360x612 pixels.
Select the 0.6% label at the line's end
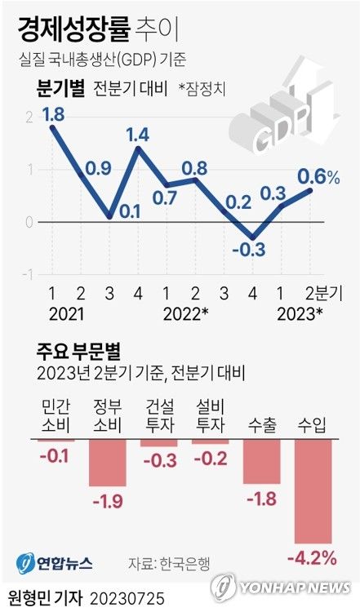[x=318, y=175]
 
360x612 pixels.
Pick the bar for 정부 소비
[x=108, y=463]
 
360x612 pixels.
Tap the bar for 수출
[x=260, y=462]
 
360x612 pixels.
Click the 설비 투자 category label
[x=209, y=416]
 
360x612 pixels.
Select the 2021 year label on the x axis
[x=65, y=313]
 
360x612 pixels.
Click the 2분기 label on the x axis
[x=324, y=293]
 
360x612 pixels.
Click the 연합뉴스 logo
[x=55, y=562]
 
